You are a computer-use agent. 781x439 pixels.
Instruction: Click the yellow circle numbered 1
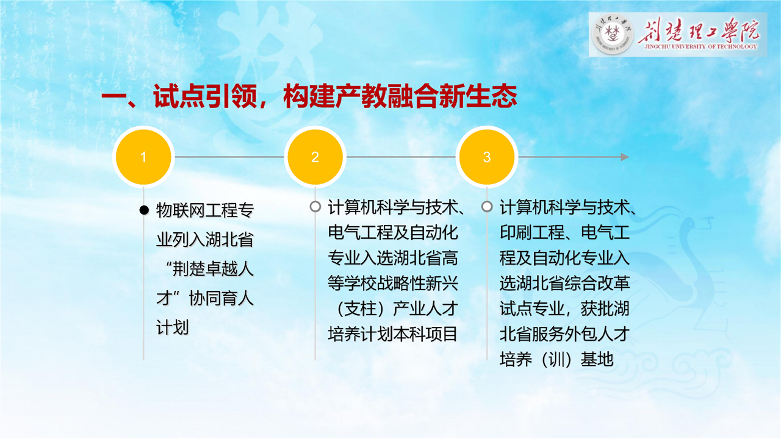tap(143, 157)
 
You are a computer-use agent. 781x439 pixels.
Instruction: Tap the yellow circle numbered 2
tap(315, 157)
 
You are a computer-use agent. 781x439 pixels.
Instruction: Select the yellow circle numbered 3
tap(487, 157)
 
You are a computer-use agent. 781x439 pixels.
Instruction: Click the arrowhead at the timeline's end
tap(625, 157)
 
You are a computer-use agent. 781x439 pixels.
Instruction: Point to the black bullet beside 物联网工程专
tap(144, 210)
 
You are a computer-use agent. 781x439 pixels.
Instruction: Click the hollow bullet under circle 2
tap(315, 207)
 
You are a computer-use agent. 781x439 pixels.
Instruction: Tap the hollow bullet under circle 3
tap(487, 207)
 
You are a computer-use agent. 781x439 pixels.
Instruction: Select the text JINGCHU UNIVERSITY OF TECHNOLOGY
tap(701, 46)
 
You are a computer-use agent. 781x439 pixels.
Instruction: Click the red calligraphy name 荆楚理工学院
tap(699, 30)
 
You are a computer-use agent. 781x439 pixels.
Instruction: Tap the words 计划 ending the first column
tap(172, 328)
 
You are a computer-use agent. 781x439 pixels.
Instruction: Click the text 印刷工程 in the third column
tap(532, 232)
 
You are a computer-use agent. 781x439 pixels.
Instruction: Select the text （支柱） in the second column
tap(361, 309)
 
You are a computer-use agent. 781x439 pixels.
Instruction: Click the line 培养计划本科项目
tap(392, 334)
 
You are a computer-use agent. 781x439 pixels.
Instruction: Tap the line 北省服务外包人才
tap(564, 334)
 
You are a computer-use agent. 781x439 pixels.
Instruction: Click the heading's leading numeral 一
tap(114, 96)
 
